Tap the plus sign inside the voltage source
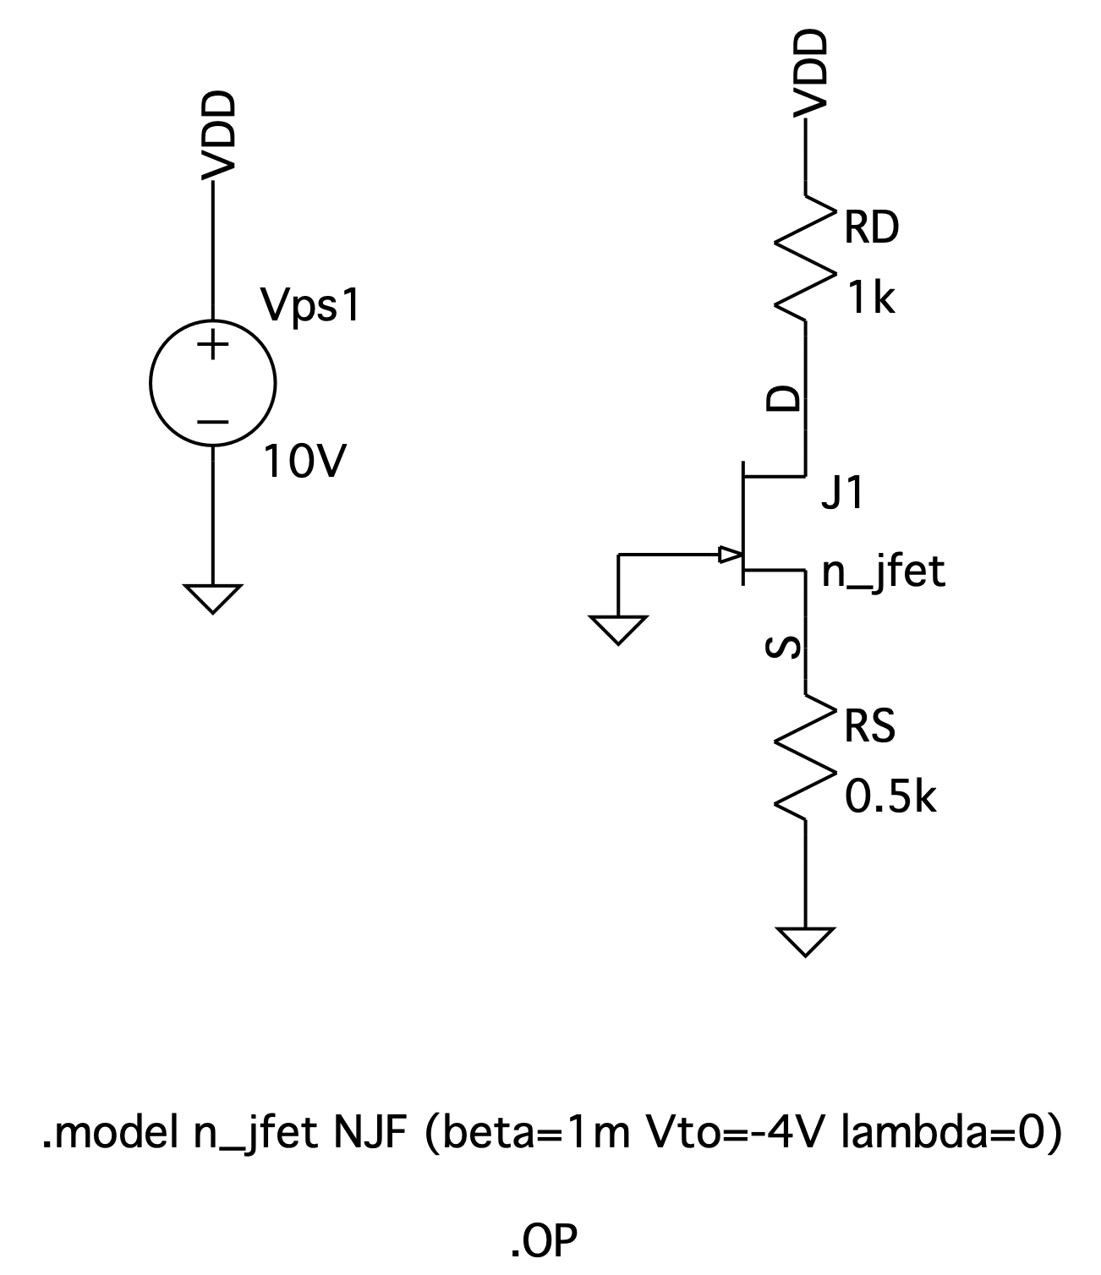tap(213, 345)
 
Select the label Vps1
tap(311, 305)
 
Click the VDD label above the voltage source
tap(217, 136)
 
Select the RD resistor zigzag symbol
tap(805, 259)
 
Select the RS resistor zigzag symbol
tap(805, 758)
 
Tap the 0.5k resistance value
tap(890, 797)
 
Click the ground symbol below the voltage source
tap(213, 598)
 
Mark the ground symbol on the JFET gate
tap(619, 630)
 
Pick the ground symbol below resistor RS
tap(806, 941)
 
